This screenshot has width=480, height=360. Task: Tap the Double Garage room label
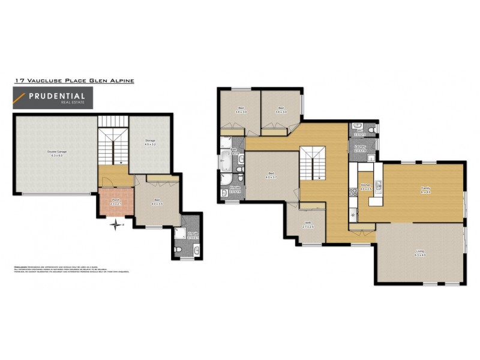pyautogui.click(x=57, y=152)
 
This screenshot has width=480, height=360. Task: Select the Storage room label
pyautogui.click(x=149, y=143)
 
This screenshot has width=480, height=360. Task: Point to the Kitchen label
pyautogui.click(x=366, y=188)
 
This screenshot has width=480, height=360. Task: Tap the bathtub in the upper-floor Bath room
pyautogui.click(x=227, y=161)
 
